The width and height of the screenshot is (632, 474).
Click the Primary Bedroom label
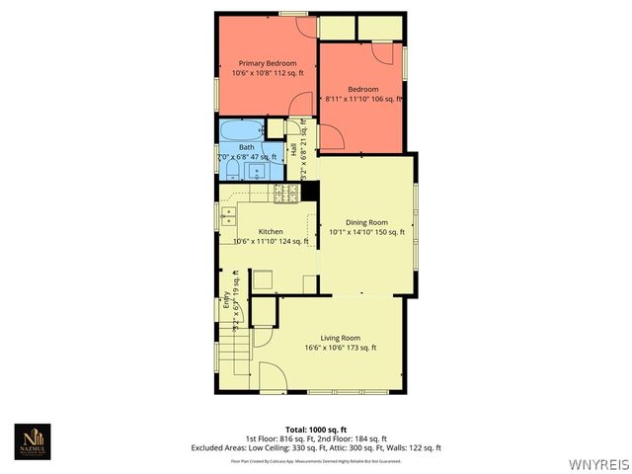pos(268,63)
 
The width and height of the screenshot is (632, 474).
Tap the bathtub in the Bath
pos(239,130)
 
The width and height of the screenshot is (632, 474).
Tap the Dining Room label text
pos(365,222)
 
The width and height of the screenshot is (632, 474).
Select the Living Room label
pos(341,338)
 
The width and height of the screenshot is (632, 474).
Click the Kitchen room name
pos(271,231)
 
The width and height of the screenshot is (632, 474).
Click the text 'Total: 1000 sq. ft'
pos(316,430)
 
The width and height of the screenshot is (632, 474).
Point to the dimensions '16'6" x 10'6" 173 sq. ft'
pos(341,348)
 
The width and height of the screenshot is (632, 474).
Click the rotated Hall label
pos(293,150)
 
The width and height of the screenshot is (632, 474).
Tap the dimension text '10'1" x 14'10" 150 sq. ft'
pos(366,232)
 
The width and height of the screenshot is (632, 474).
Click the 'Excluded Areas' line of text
pos(316,447)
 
